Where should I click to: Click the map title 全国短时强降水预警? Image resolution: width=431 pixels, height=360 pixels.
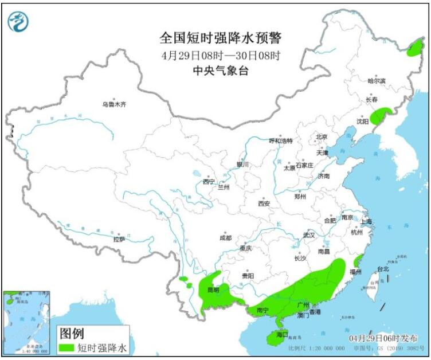click(221, 38)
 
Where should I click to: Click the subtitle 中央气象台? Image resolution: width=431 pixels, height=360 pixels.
click(221, 71)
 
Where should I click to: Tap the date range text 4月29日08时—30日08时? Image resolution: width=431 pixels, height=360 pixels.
click(221, 56)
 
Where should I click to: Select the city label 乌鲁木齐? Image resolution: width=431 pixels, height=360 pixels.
click(113, 104)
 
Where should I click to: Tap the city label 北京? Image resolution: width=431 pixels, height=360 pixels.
click(321, 137)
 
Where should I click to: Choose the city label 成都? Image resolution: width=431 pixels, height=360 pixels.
click(225, 237)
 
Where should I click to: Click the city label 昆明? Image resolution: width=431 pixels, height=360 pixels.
click(213, 289)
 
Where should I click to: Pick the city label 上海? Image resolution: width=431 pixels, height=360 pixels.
click(366, 221)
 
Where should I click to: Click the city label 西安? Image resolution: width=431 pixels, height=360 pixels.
click(263, 203)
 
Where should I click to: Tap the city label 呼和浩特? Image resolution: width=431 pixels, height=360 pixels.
click(281, 140)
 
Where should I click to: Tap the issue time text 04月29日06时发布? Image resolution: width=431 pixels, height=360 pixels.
click(385, 338)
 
